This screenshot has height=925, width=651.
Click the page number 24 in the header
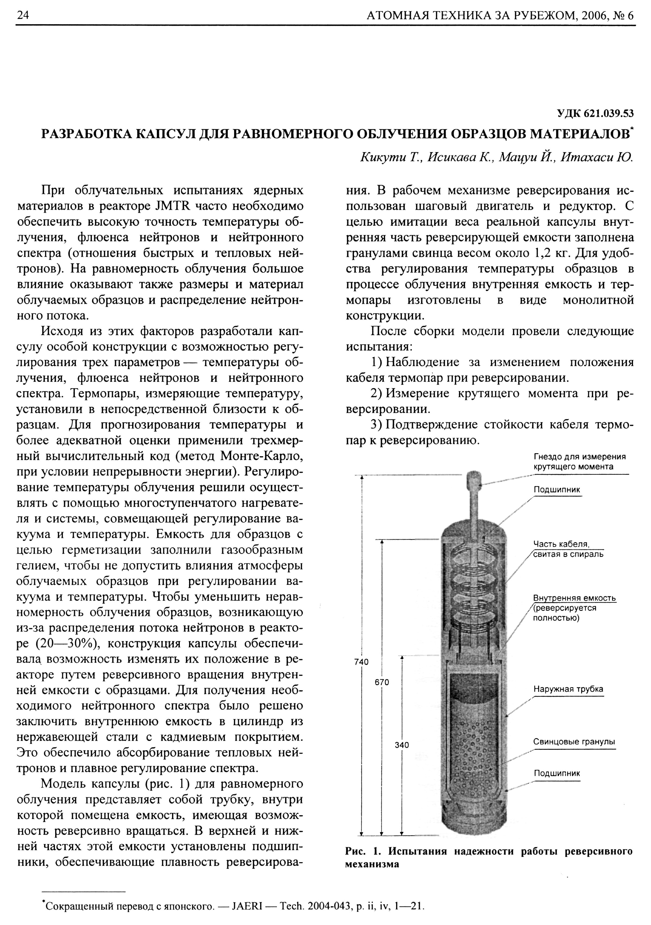[23, 15]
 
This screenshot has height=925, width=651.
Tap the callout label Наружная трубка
[568, 689]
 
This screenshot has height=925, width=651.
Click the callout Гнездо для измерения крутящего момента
[579, 462]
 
